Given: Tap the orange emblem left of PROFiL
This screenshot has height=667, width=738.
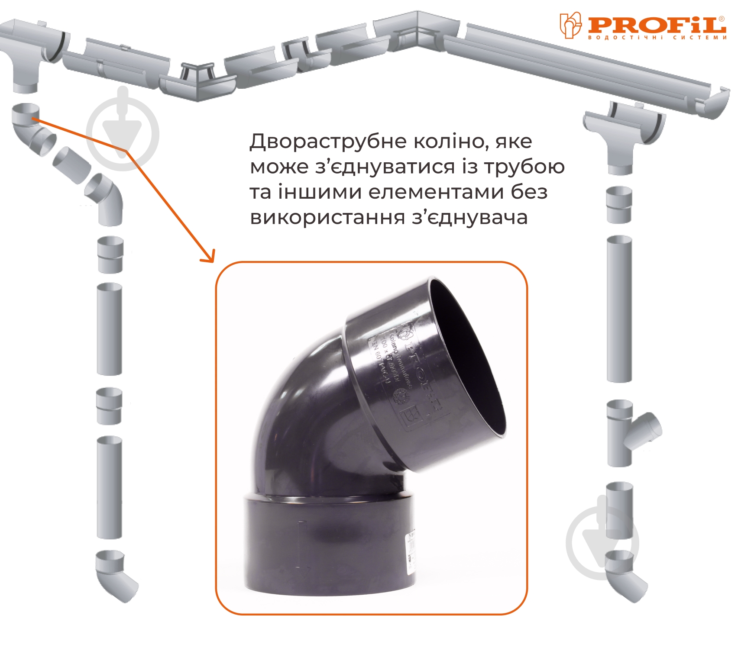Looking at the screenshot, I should click(x=570, y=25).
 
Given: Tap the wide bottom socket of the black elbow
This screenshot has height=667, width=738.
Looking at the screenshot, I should click(x=331, y=545).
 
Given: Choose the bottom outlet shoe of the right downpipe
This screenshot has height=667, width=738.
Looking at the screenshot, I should click(x=624, y=576).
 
